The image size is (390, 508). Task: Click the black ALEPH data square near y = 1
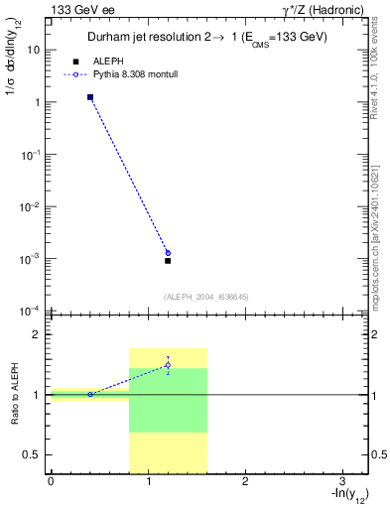[90, 97]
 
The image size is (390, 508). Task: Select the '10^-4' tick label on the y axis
[30, 311]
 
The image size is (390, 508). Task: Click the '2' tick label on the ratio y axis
[37, 334]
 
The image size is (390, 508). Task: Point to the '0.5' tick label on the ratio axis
[33, 454]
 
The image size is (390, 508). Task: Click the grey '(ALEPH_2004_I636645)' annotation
[205, 297]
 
